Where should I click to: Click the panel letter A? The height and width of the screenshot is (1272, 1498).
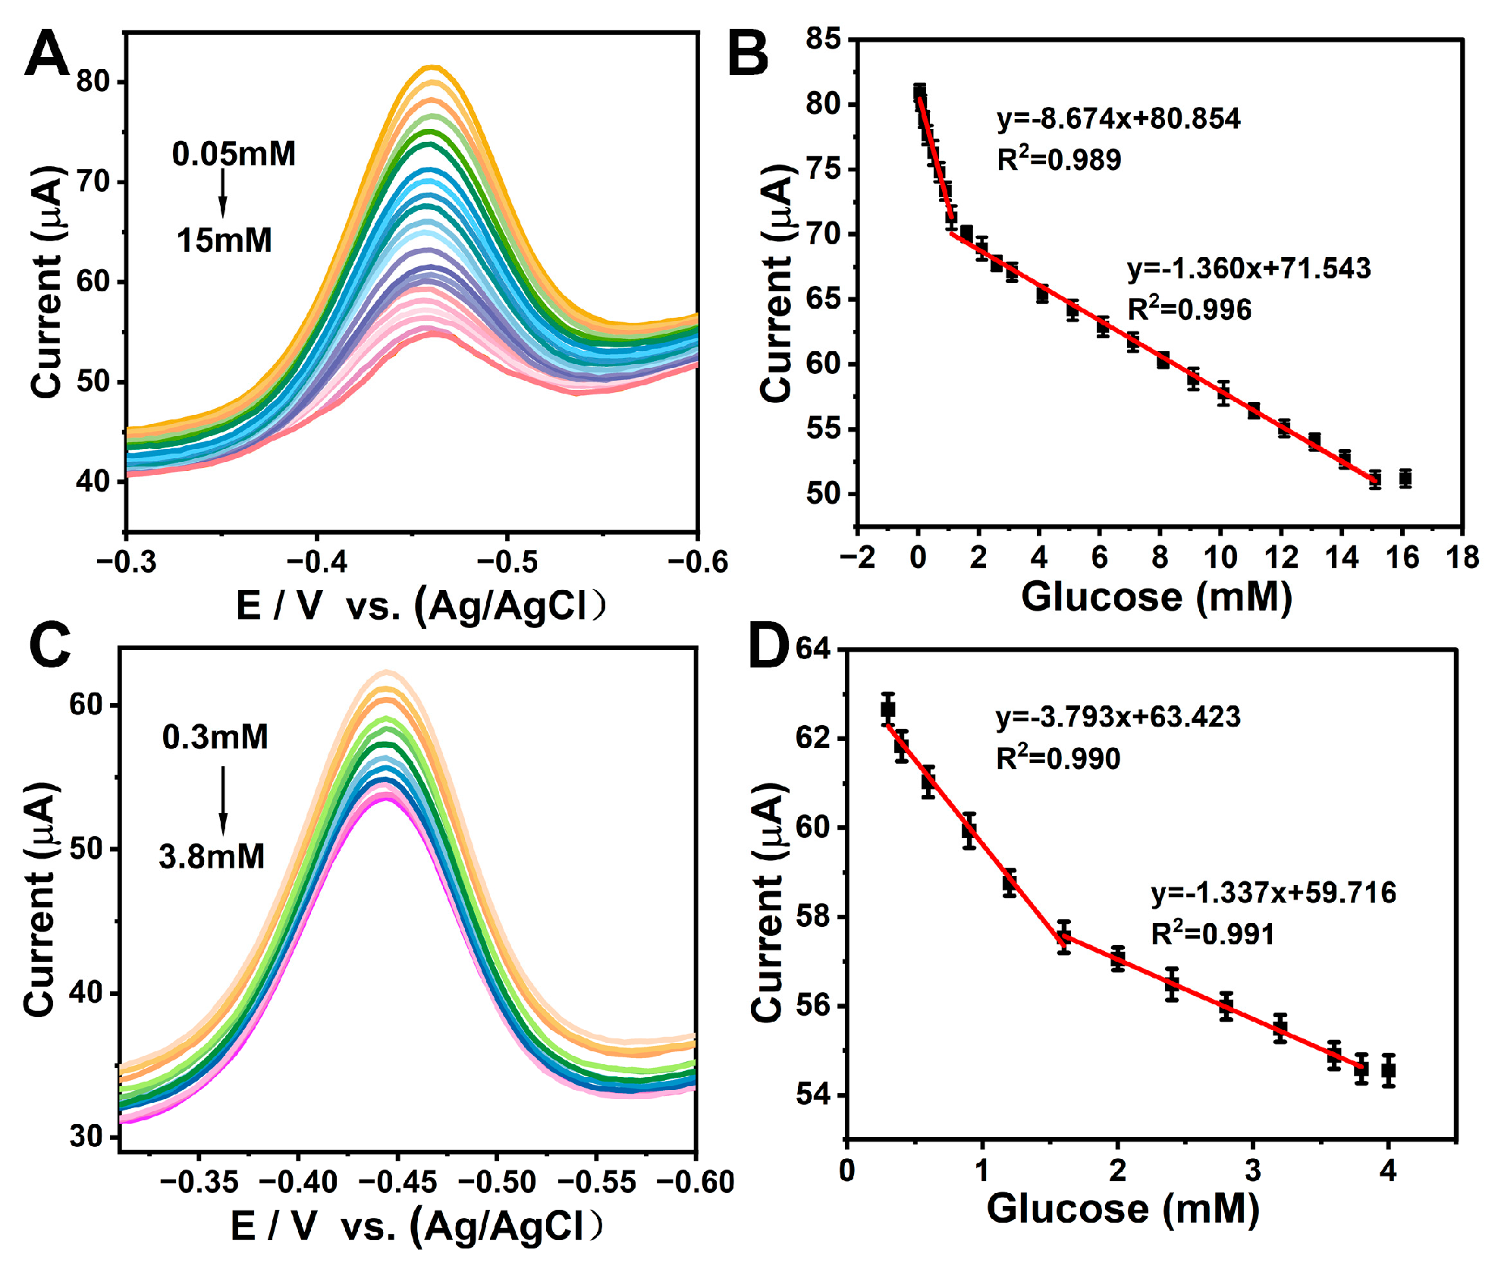46,55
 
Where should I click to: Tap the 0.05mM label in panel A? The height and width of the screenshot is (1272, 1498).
234,154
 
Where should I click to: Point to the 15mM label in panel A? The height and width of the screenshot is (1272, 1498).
224,240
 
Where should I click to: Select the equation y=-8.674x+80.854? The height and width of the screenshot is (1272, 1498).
1118,119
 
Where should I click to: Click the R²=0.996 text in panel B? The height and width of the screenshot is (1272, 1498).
1189,309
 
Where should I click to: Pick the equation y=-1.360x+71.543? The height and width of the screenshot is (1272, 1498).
1248,269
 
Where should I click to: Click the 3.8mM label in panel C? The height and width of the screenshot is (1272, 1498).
212,856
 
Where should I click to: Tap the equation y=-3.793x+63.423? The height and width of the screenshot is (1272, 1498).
1118,717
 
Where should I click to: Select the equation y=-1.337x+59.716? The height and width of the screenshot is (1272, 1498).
1273,893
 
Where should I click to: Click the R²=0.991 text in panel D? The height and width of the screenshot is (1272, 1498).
1212,934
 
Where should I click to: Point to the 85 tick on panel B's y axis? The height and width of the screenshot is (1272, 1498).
823,39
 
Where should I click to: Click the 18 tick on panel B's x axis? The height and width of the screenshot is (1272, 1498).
1462,557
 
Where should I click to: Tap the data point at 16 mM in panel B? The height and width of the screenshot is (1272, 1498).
1405,479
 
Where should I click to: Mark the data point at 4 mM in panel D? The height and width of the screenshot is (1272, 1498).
1388,1071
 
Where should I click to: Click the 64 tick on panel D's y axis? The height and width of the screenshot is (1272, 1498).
812,649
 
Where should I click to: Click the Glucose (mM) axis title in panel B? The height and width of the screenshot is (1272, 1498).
1156,597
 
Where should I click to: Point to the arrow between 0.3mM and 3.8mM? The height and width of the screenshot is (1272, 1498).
223,799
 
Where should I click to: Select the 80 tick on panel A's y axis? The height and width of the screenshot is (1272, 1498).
93,81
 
